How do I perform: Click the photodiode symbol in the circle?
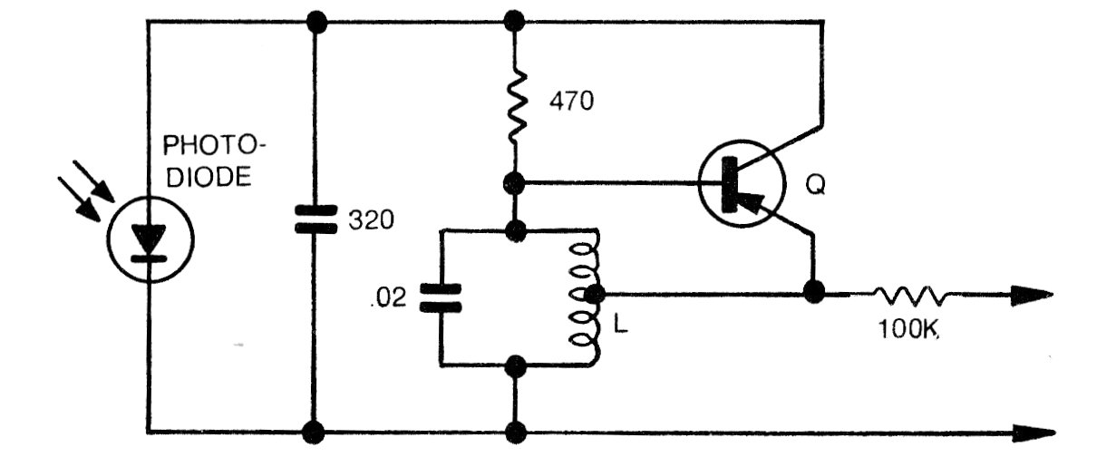[148, 241]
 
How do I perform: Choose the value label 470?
[571, 101]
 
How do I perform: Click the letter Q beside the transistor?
[816, 186]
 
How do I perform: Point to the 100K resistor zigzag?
[909, 294]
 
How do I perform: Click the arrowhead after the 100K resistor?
[1034, 294]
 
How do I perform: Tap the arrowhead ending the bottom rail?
[1034, 431]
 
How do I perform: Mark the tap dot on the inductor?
[596, 294]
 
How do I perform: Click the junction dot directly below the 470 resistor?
[515, 184]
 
